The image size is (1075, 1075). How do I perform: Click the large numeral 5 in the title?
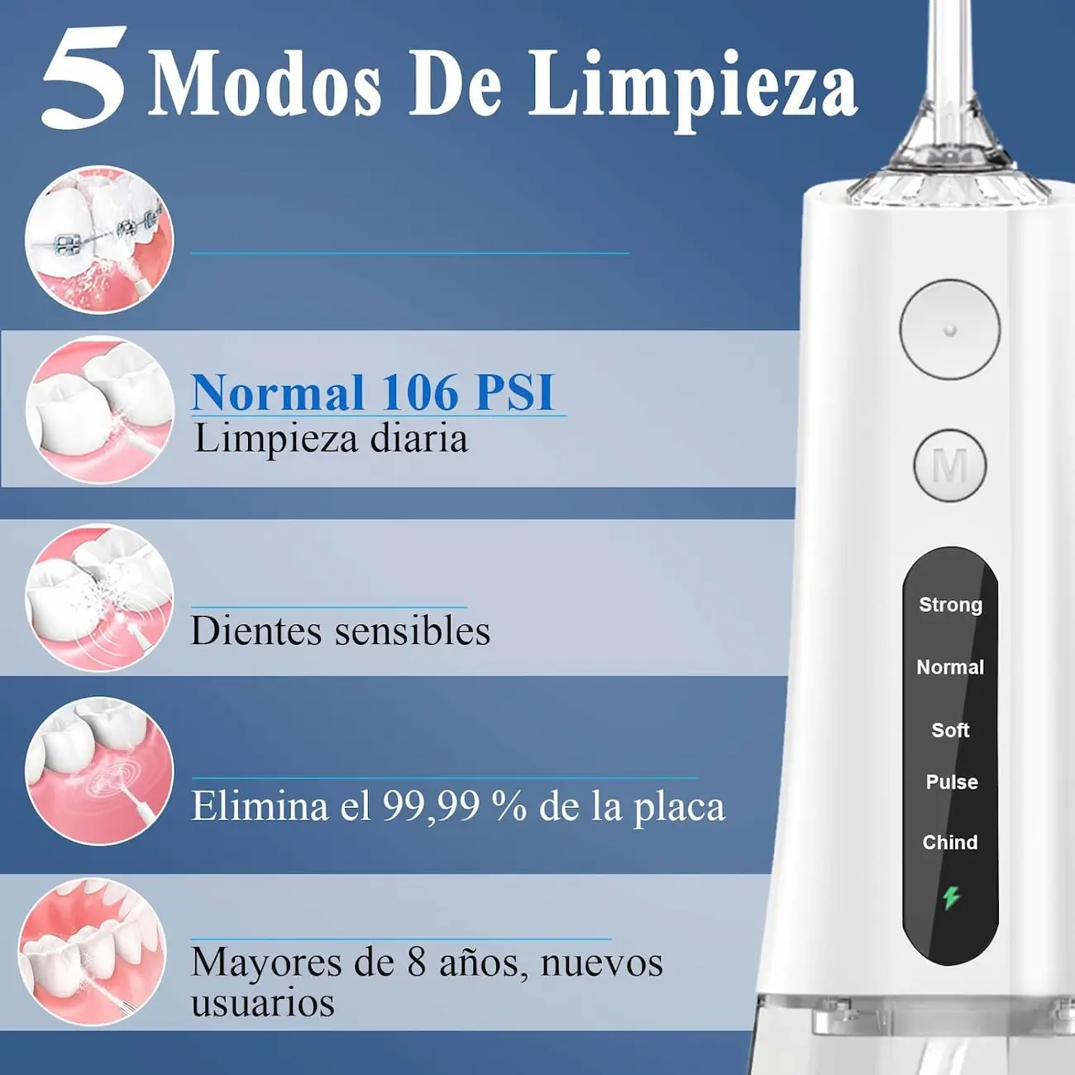[84, 78]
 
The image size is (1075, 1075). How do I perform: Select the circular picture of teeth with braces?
[99, 240]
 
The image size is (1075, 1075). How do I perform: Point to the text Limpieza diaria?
[331, 439]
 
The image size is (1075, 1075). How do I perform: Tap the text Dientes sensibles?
[341, 631]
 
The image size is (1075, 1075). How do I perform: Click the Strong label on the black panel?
[951, 604]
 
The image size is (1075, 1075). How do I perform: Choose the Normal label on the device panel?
[950, 667]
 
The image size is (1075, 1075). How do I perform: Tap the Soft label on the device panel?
[950, 730]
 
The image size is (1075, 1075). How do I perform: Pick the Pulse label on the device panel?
[952, 782]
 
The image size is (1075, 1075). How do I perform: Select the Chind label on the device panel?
[950, 843]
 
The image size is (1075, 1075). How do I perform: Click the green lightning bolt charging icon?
[951, 898]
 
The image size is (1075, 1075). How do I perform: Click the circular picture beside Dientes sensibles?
[99, 598]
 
